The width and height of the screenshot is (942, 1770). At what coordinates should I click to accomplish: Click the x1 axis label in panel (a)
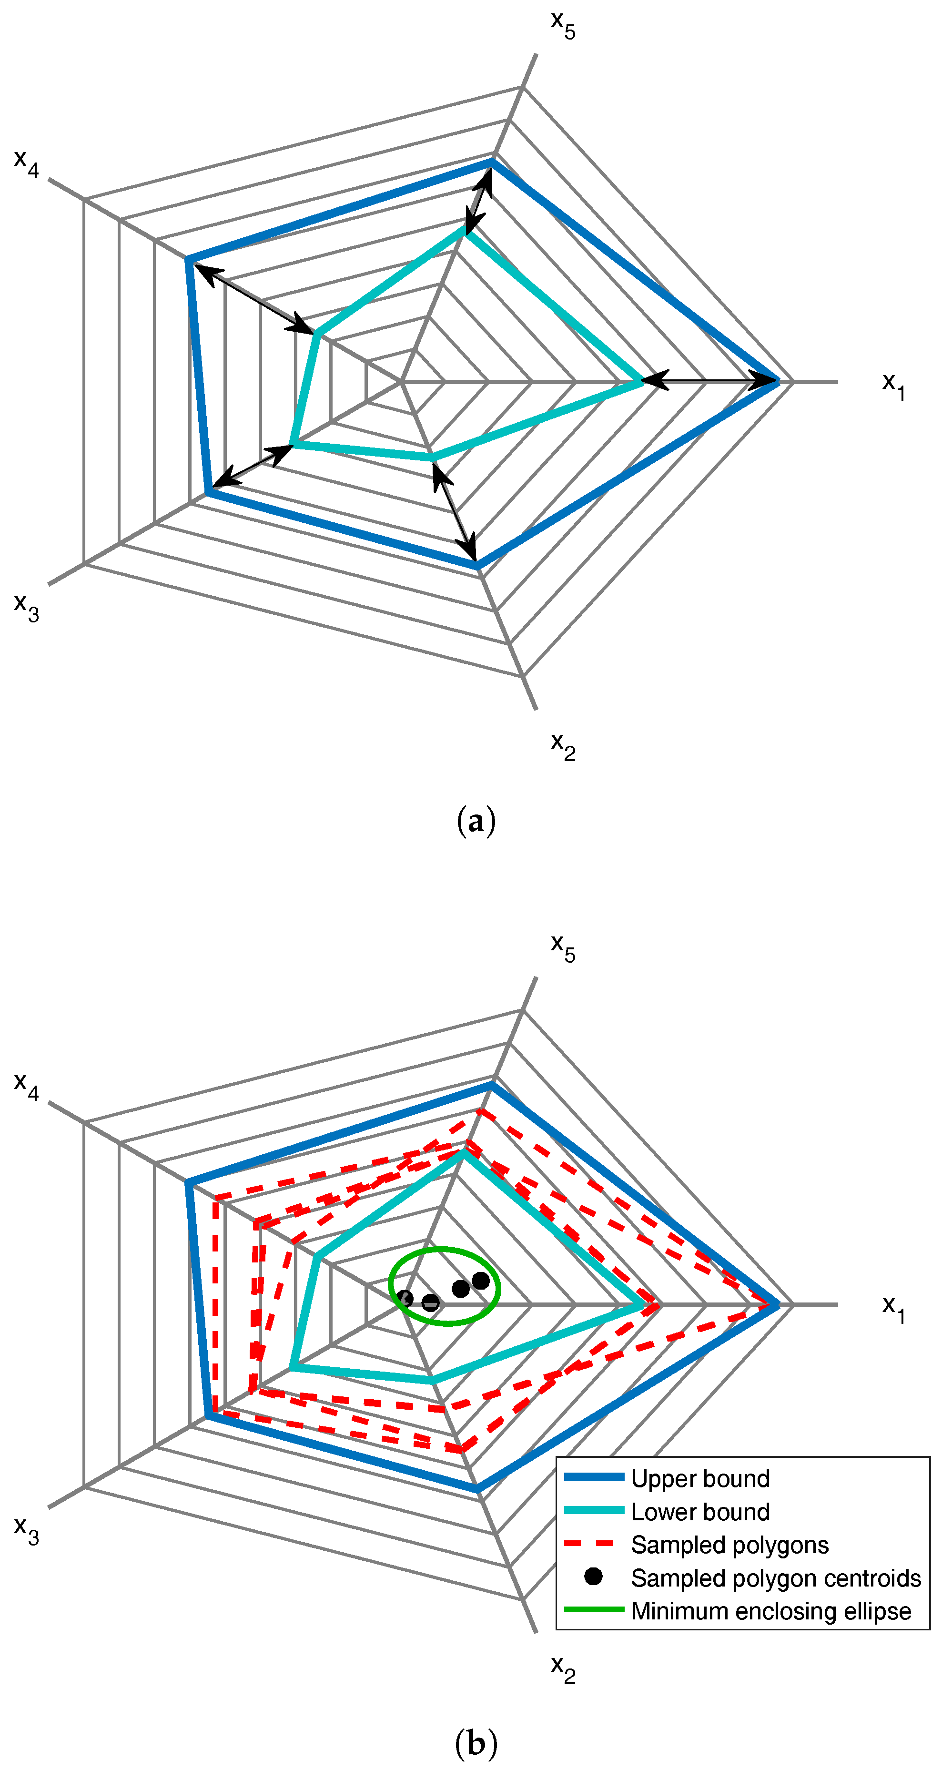893,386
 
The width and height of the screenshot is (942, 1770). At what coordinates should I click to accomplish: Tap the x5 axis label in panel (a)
563,25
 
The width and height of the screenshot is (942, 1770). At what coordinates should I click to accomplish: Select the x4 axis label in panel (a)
27,163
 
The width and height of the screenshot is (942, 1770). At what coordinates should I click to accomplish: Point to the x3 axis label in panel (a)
27,606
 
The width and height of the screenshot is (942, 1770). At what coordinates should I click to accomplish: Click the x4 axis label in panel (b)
27,1086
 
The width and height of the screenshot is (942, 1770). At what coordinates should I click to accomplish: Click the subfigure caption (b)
476,1743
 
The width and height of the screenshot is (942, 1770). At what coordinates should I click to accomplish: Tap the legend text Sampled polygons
729,1545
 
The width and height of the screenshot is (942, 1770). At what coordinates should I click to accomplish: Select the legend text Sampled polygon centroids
776,1577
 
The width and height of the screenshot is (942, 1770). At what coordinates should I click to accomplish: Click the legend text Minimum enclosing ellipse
771,1611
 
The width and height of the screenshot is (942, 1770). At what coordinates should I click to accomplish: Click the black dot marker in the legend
593,1577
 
